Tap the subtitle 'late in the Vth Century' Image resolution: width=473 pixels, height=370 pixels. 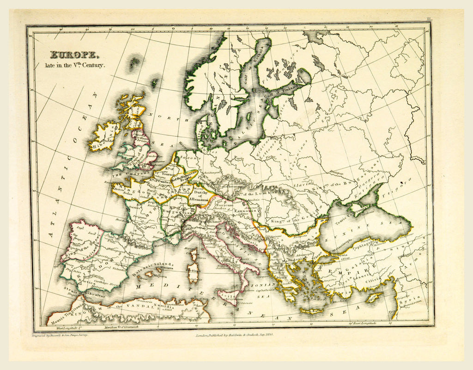point(78,65)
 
